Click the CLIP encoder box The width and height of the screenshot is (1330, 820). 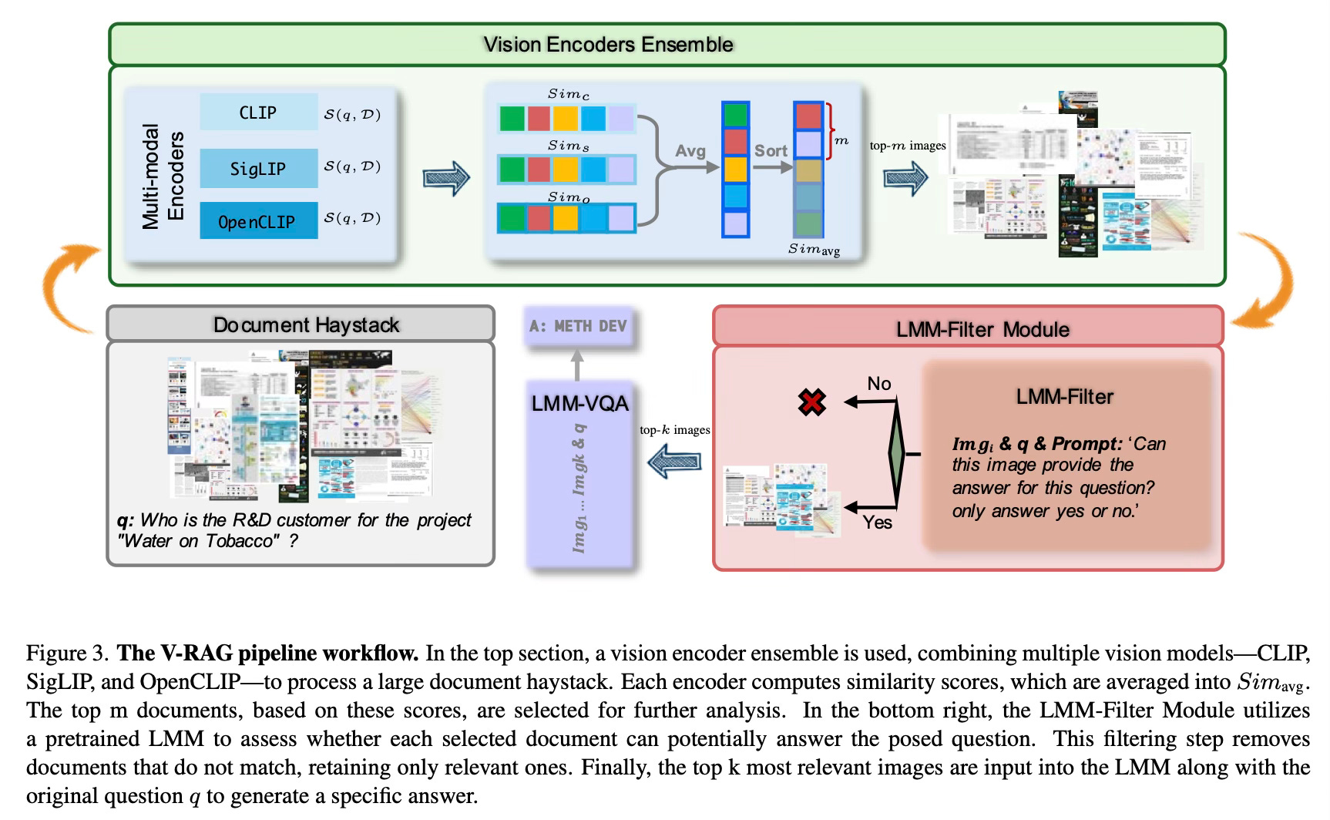(x=258, y=113)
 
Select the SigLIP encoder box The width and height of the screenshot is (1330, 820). (x=258, y=168)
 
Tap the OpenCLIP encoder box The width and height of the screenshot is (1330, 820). (x=258, y=221)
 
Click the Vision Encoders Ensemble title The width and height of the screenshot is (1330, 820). (x=608, y=45)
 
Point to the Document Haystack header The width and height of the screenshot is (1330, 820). (x=306, y=325)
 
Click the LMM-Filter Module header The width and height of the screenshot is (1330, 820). (x=982, y=330)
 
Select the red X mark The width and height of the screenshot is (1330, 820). (x=812, y=402)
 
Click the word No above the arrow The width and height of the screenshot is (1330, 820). (x=879, y=384)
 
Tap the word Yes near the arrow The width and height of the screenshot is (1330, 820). (x=878, y=523)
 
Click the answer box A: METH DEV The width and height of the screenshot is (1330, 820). (x=578, y=327)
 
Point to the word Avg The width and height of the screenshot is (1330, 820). (x=690, y=151)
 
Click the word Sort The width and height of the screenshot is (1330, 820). (x=771, y=151)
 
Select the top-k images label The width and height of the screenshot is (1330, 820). (x=675, y=430)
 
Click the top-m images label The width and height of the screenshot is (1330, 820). (x=908, y=146)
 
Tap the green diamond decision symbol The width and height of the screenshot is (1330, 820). (x=895, y=455)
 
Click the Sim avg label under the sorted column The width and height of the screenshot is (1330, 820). (x=814, y=249)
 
